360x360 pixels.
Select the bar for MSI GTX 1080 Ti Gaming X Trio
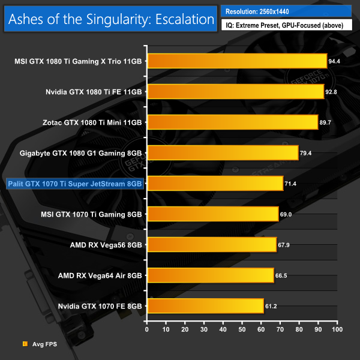236,61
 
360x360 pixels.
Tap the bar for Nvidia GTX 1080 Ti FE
235,91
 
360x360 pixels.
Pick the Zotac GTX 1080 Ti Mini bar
232,122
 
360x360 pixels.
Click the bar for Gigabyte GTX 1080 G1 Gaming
222,152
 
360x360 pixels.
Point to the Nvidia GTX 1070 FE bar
205,305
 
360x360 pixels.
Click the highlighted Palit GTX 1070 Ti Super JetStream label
74,183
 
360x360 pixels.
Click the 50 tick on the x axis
242,329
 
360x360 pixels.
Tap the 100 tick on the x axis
337,329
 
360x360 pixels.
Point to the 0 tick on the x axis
147,329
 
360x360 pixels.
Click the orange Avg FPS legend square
25,344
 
